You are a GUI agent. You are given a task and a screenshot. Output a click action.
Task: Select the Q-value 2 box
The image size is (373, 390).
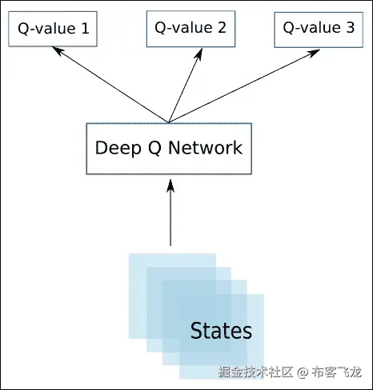click(x=190, y=29)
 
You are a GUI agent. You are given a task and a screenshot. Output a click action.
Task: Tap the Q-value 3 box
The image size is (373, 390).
click(x=319, y=29)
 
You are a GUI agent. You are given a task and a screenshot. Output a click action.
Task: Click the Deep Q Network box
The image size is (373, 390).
click(x=168, y=148)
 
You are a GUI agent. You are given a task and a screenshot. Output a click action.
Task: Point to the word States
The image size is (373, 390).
click(x=221, y=330)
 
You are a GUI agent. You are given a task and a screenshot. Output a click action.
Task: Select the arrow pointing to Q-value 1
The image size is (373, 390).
click(x=112, y=84)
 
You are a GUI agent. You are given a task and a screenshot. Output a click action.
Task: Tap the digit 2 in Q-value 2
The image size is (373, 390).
click(x=221, y=29)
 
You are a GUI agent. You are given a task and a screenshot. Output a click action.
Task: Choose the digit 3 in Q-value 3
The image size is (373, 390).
click(x=350, y=29)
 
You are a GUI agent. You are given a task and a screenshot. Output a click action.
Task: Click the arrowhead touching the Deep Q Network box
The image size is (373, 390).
click(x=170, y=185)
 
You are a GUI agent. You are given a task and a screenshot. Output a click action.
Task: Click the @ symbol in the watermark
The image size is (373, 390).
click(x=303, y=372)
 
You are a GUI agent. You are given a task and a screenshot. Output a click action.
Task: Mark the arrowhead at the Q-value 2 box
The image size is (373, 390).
click(x=199, y=50)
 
